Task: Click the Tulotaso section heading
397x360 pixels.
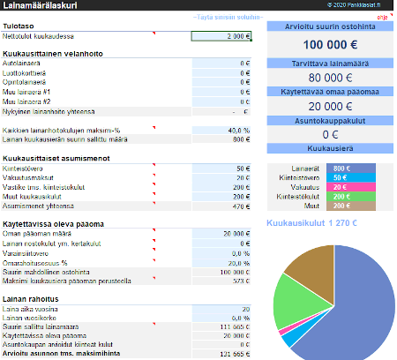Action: coord(20,26)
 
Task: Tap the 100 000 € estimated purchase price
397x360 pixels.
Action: coord(331,43)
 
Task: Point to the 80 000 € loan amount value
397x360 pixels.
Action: coord(331,77)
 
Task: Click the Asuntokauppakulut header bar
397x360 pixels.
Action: coord(331,120)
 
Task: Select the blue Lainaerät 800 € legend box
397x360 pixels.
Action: coord(339,168)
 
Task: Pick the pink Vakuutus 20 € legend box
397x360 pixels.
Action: coord(339,187)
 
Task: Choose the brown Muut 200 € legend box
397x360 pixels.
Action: coord(339,206)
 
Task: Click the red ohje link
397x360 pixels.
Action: coord(382,17)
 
